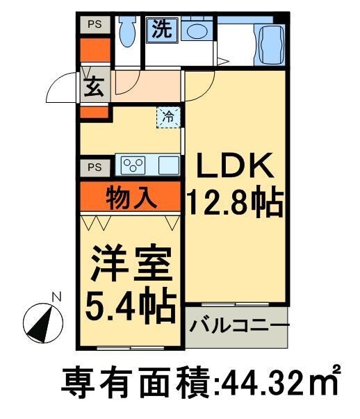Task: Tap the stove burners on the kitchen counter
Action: [x=133, y=165]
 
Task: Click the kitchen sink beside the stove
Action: [x=168, y=166]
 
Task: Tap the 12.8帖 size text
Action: [x=235, y=204]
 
